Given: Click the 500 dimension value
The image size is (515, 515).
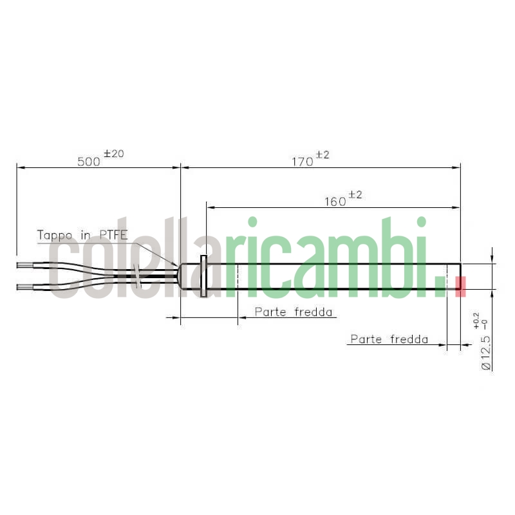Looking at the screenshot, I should point(89,162).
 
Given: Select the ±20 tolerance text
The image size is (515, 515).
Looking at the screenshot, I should point(113,154).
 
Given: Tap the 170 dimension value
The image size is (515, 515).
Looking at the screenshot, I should point(303,162).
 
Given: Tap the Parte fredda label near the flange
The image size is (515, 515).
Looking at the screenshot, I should point(294,312).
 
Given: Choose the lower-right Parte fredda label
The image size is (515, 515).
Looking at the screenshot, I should point(389,339).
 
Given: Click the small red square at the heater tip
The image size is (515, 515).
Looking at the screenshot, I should point(460,286).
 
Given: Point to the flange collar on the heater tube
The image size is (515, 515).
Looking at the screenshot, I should point(204,277).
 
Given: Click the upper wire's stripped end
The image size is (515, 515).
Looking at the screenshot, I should point(24,265).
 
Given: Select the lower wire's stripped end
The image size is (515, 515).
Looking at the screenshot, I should point(24,286).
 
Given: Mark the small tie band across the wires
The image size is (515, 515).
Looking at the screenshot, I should point(136,275).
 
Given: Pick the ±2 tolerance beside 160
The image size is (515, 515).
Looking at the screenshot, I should point(355,195).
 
